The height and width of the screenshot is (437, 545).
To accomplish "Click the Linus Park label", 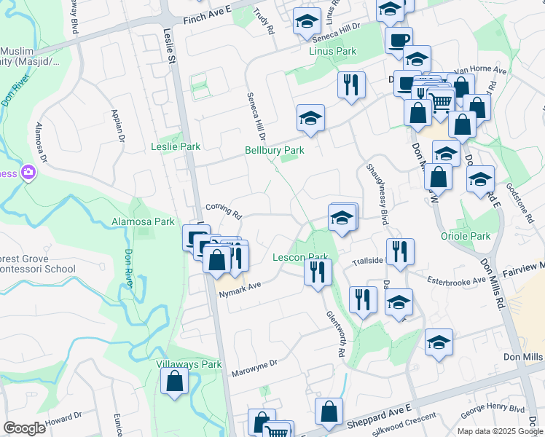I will coord(332,52).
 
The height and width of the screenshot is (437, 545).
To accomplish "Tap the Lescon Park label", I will coord(300,257).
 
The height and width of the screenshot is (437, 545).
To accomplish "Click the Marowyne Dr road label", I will coord(254,368).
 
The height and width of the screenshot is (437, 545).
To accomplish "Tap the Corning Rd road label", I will coord(223,211).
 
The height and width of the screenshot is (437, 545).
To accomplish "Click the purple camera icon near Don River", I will coord(28,173).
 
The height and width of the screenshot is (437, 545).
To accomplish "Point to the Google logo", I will coord(24,428).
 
